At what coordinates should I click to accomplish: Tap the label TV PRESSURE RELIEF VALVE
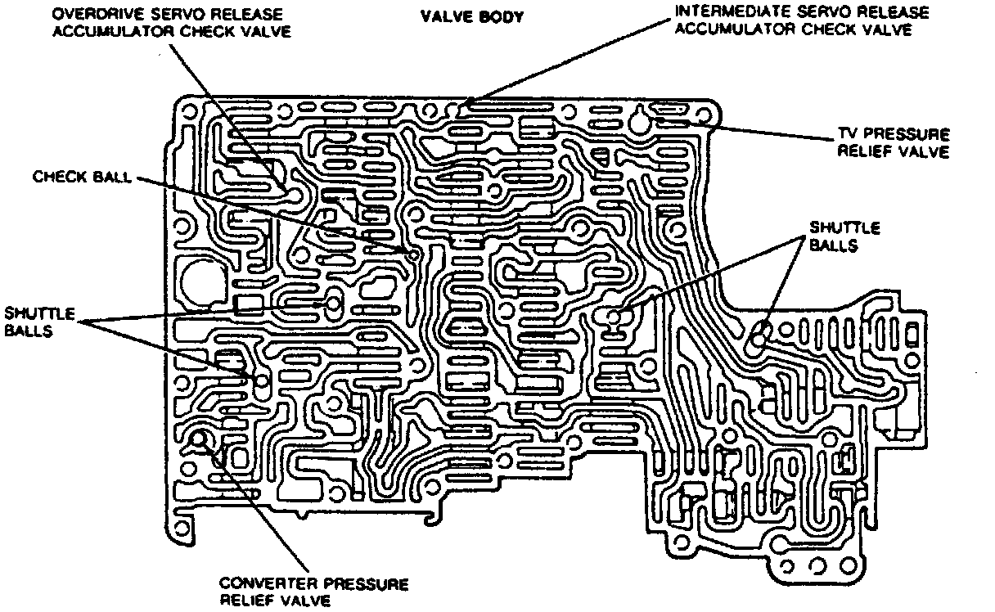click(893, 143)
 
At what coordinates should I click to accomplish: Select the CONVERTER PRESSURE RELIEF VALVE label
click(313, 592)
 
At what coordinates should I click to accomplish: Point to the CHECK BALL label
click(82, 177)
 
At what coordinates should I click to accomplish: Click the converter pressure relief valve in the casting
click(199, 443)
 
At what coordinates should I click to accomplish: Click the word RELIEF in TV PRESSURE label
click(865, 151)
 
